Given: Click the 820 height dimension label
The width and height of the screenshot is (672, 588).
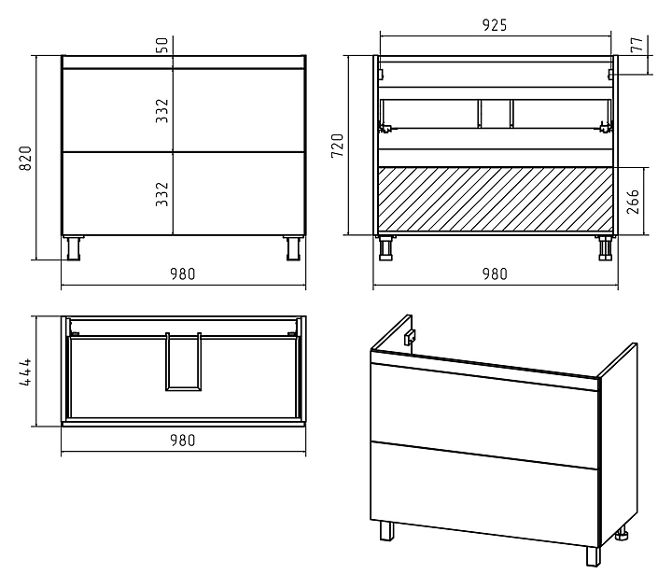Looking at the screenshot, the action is point(26,158).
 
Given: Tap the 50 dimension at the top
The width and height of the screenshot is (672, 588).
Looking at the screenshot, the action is point(162,45).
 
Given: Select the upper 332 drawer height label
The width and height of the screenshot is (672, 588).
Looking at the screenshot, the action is point(162,110).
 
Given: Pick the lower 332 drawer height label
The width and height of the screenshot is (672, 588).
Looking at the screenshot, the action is point(162,194).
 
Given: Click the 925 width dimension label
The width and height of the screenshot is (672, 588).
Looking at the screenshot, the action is point(495,25).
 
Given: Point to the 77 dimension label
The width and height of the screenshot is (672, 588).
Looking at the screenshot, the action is point(637,44).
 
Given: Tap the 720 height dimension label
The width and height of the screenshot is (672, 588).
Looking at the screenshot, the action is point(338,146).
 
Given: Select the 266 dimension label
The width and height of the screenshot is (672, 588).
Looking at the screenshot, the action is point(633,202).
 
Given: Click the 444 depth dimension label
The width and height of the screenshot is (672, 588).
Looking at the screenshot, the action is point(26,372).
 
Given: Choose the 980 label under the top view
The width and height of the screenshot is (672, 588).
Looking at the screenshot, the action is point(183,441).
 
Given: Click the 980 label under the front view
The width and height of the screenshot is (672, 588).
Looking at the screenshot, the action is point(183,273).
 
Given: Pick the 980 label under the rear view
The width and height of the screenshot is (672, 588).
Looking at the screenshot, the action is point(495,273).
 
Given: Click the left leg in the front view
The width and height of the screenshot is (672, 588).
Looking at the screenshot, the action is point(74,247).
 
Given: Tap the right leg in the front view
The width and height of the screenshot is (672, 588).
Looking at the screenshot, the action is point(294,247).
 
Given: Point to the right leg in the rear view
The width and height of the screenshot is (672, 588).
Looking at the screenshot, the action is point(605,247).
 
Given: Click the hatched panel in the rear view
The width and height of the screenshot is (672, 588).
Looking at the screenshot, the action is point(496,200).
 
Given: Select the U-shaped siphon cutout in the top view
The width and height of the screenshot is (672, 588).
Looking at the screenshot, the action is point(184,362).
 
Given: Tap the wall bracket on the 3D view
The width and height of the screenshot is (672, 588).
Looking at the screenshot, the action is point(410,337).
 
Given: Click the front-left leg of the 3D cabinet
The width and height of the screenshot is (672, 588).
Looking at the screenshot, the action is point(386,530).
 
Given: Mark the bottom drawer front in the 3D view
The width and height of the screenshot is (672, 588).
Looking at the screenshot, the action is point(483,493).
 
